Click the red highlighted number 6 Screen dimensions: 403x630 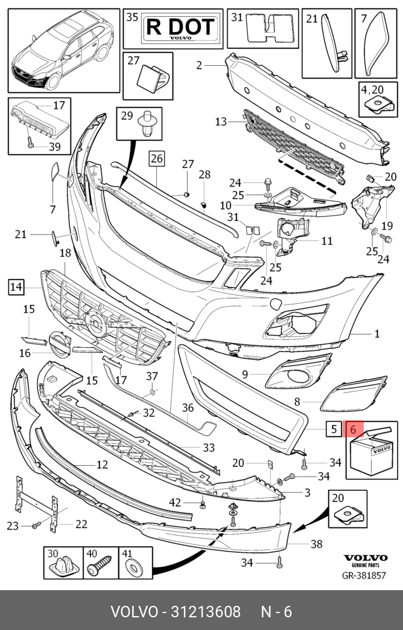pos(354,429)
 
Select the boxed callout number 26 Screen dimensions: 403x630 pos(156,159)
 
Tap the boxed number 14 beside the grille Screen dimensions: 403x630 pos(16,287)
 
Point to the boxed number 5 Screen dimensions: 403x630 pos(334,429)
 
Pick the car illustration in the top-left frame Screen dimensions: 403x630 pos(60,50)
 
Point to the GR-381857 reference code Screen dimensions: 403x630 pos(364,576)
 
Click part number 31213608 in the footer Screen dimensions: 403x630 pos(206,612)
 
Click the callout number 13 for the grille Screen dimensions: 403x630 pos(221,121)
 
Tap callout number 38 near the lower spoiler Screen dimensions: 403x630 pos(316,544)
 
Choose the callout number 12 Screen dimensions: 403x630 pos(103,464)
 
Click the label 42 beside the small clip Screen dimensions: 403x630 pos(175,502)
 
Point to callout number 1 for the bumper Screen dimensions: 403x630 pos(377,333)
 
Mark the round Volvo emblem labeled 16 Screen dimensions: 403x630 pos(59,344)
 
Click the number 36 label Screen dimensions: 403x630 pos(188,408)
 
